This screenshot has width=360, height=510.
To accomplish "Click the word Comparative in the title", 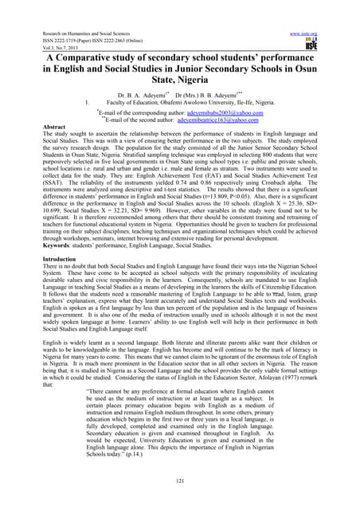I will click(x=107, y=41).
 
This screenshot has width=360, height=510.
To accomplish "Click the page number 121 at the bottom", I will click(x=180, y=482).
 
